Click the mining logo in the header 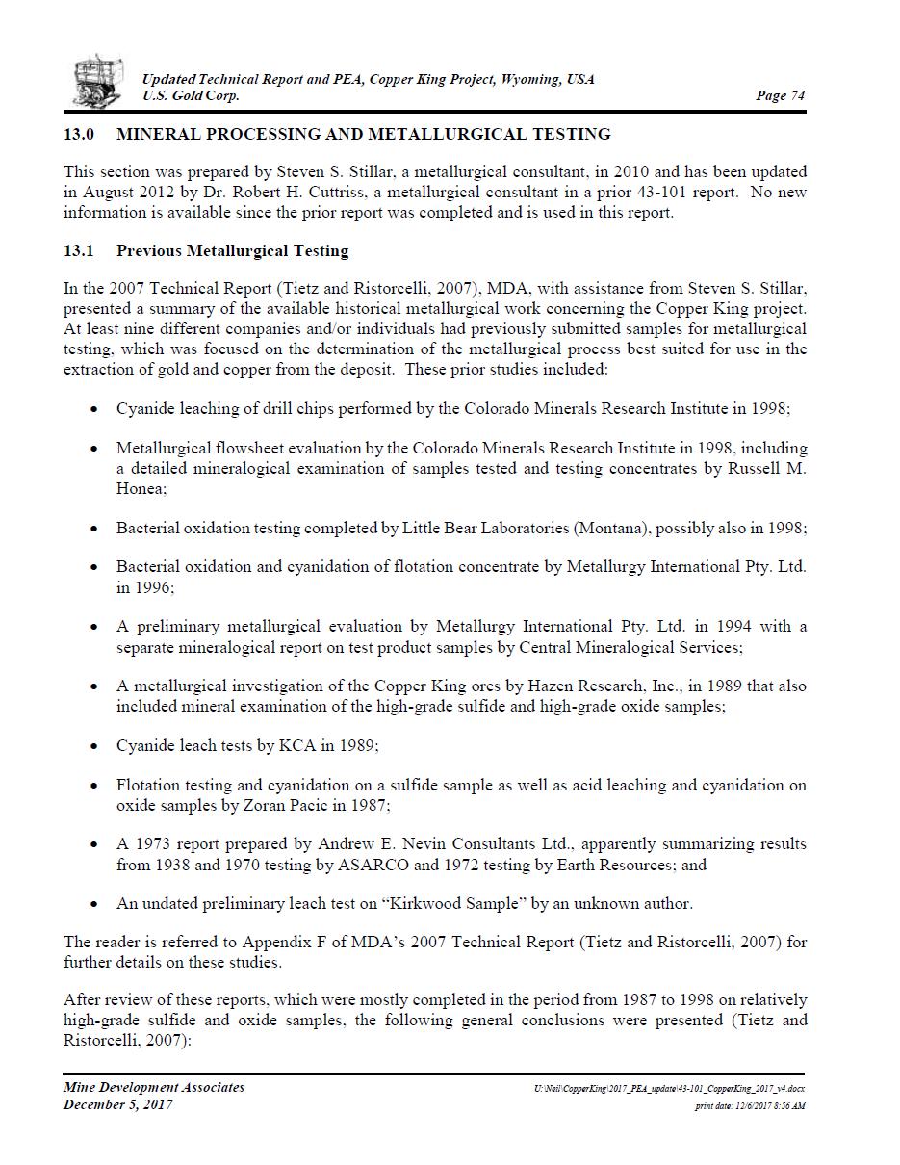coord(98,81)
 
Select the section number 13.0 coord(80,134)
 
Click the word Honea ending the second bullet coord(141,489)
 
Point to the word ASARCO coord(365,865)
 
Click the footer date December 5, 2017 coord(117,1104)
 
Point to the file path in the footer coord(669,1088)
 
